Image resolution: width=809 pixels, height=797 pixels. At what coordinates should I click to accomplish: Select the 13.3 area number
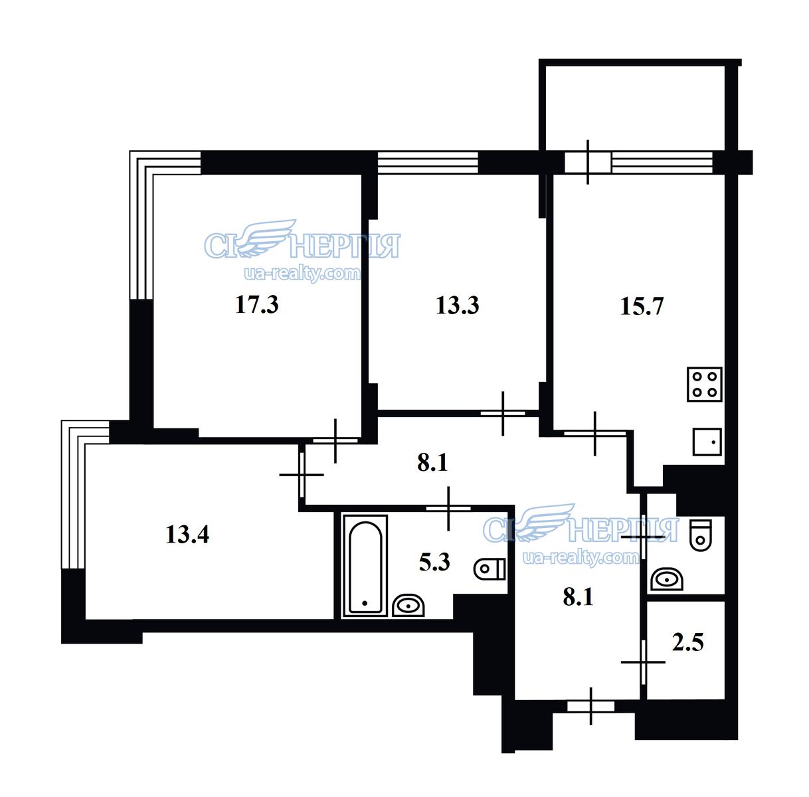[457, 306]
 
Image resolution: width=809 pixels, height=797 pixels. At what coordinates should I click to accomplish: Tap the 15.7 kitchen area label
[642, 306]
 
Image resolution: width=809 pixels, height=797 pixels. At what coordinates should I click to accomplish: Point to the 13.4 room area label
[187, 535]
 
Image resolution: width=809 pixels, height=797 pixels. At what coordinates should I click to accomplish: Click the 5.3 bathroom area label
[434, 562]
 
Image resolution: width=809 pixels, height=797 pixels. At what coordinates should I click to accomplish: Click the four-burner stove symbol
[705, 385]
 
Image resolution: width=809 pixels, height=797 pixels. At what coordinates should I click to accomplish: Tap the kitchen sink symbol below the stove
[707, 442]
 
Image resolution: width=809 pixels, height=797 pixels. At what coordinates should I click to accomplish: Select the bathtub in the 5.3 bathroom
[365, 566]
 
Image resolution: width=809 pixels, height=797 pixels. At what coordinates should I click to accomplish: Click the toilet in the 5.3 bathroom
[490, 569]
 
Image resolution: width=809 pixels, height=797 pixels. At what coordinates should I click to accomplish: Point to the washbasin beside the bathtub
[408, 606]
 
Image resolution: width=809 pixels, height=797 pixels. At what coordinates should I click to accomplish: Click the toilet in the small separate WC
[701, 535]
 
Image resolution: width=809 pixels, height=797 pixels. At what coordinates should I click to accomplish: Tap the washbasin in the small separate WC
[667, 579]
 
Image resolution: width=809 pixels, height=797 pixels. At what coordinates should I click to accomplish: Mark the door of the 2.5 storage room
[643, 662]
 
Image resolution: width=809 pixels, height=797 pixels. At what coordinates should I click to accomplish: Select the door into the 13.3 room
[503, 414]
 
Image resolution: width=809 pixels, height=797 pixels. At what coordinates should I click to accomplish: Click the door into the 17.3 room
[335, 440]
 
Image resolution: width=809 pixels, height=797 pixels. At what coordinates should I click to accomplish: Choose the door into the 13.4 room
[302, 474]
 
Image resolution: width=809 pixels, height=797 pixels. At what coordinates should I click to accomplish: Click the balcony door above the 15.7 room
[588, 162]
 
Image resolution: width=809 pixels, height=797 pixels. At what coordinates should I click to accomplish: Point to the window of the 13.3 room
[428, 162]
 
